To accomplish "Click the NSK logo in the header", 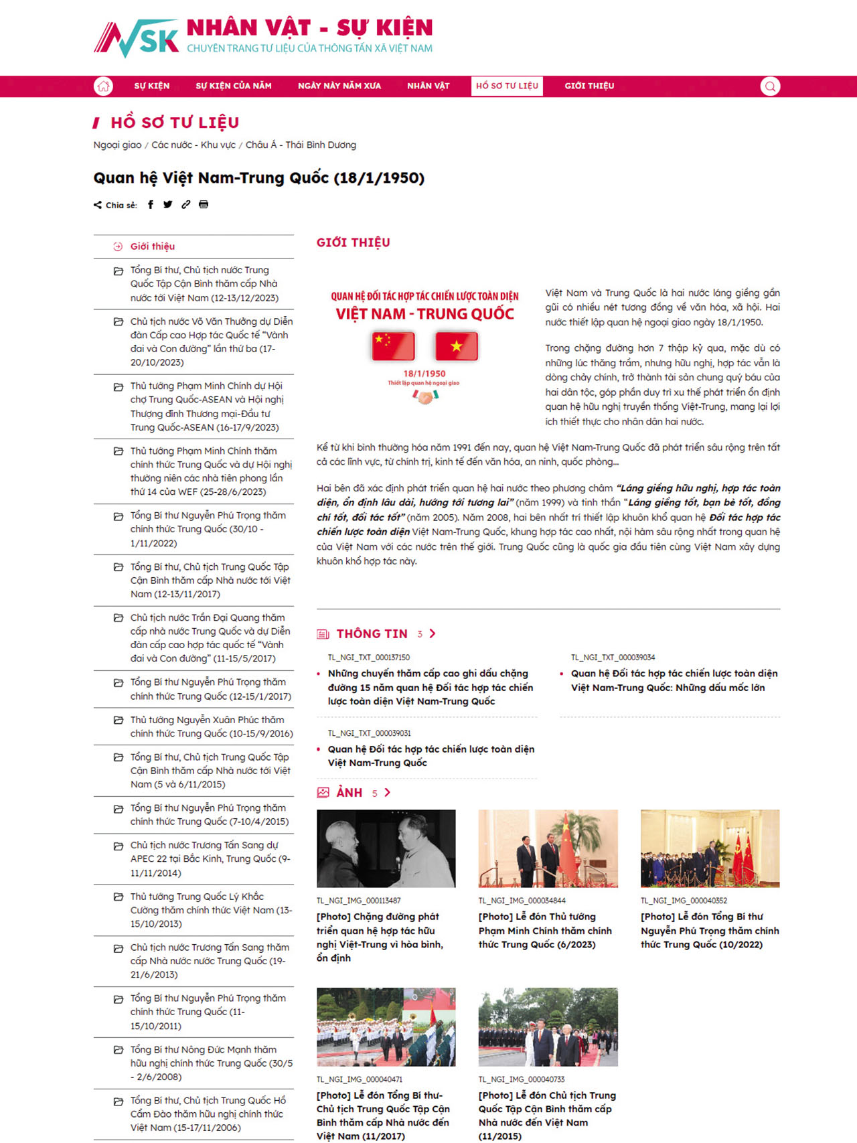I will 137,37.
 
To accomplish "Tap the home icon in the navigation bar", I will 103,86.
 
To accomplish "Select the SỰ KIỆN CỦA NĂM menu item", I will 234,86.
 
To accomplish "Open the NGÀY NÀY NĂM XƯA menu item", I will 339,86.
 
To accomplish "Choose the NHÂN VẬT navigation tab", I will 428,86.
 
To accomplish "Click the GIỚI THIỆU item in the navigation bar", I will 589,86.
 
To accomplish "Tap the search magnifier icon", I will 770,86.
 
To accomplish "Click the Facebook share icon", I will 151,205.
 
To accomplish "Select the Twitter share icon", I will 168,205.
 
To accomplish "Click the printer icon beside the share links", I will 204,205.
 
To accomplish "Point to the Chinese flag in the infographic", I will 393,346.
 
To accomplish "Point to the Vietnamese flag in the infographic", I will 457,346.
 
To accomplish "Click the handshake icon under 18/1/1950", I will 424,396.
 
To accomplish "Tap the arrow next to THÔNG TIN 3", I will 433,633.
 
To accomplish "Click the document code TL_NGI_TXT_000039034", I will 613,658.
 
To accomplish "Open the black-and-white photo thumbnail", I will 386,848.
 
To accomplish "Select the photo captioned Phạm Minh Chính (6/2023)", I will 548,848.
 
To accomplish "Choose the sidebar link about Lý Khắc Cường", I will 211,910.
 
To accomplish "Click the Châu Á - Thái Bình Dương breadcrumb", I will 301,145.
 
